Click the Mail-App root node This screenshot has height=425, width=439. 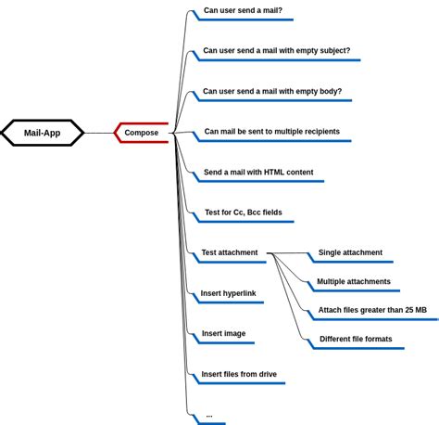(x=42, y=133)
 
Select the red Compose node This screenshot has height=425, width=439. (x=142, y=133)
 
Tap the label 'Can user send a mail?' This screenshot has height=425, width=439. (x=243, y=11)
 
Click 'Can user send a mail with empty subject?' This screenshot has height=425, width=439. (x=276, y=51)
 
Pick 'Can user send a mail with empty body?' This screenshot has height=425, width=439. (x=272, y=92)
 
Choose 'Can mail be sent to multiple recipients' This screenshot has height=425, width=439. (x=271, y=132)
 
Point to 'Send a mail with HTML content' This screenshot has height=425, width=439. (x=258, y=173)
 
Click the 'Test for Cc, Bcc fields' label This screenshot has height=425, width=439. (x=244, y=212)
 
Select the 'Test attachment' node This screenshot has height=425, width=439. (x=230, y=252)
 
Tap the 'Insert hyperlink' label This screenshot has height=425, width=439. (x=228, y=293)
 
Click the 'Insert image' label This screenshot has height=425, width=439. (x=223, y=333)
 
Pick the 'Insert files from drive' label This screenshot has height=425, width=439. (x=239, y=375)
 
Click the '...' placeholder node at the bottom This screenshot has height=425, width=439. (x=209, y=415)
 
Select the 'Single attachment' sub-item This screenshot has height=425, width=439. (x=350, y=252)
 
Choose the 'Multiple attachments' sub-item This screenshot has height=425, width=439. (x=354, y=281)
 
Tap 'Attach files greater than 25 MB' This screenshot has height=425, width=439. (x=372, y=310)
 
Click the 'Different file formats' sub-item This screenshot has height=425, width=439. (x=356, y=339)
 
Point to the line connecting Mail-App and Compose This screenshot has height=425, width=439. (x=98, y=133)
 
